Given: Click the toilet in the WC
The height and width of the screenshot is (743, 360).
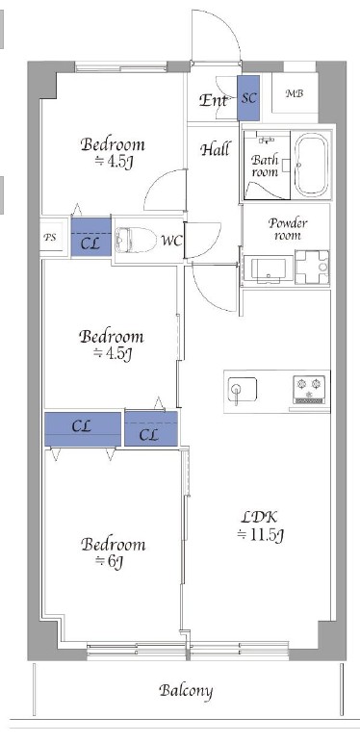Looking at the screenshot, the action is click(x=136, y=240).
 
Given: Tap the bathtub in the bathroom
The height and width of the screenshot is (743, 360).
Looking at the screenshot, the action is click(x=311, y=164).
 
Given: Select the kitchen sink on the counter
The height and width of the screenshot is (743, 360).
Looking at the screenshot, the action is click(x=242, y=390).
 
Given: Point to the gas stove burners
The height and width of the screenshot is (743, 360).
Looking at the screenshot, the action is click(x=309, y=390).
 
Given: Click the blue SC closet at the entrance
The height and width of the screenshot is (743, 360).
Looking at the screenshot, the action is click(x=248, y=98).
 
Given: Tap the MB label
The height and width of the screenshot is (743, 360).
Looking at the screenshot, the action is click(x=295, y=93).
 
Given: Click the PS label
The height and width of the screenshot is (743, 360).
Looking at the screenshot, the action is click(x=50, y=237).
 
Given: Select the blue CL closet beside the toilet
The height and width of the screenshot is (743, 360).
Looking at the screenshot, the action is click(x=90, y=237).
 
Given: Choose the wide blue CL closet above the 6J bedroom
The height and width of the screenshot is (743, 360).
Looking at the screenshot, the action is click(x=83, y=429).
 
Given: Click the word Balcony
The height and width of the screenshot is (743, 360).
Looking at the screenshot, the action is click(x=186, y=691).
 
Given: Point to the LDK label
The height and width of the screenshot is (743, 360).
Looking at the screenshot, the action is click(x=260, y=517).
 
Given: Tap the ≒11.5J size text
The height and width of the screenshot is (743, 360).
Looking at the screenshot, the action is click(x=261, y=535).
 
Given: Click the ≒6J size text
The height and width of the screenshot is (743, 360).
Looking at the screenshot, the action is click(x=109, y=561).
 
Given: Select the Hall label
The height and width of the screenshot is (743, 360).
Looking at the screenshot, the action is click(x=215, y=150).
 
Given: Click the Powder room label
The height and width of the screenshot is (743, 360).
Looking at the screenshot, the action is click(x=288, y=228).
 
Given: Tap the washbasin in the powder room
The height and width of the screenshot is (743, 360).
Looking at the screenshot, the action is click(x=269, y=270).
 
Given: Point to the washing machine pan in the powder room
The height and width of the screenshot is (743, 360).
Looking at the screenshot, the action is click(x=312, y=268).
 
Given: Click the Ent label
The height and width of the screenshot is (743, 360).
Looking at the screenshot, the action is click(x=214, y=100).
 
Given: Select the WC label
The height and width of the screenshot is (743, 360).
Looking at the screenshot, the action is click(x=171, y=241).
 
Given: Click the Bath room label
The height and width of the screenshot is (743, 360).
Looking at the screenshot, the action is click(x=265, y=166).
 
